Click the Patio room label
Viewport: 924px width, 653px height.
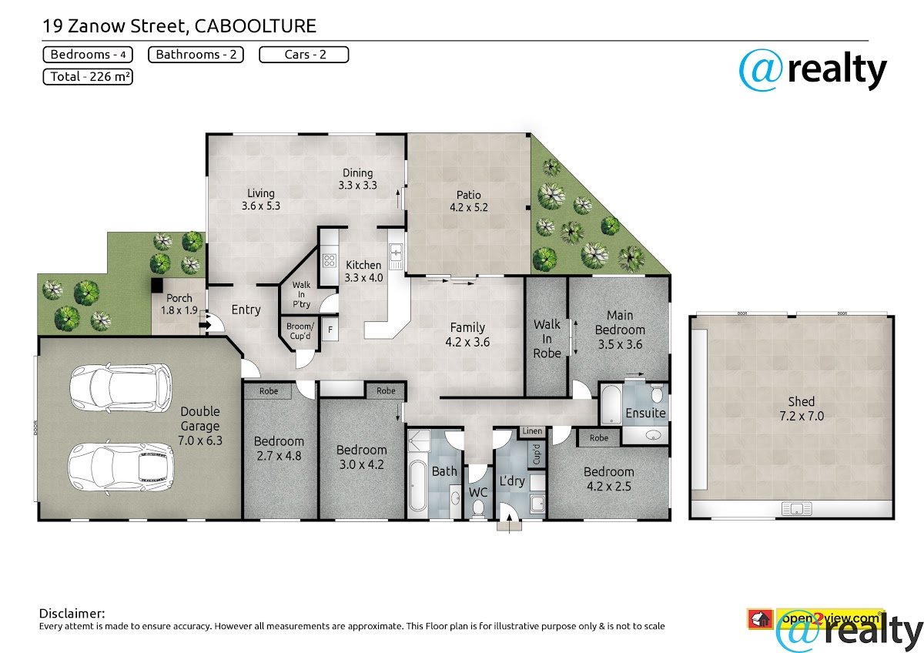(x=469, y=201)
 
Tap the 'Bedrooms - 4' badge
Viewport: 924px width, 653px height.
(x=88, y=55)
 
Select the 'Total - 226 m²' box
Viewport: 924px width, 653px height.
(x=88, y=77)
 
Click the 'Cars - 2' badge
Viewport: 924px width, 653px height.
(x=304, y=55)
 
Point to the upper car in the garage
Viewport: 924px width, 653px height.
(x=120, y=388)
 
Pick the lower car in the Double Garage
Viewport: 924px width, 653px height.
(x=120, y=467)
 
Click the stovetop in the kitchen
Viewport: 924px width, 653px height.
(x=330, y=261)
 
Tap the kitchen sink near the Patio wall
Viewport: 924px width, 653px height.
(x=396, y=256)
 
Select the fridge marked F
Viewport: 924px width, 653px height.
(x=330, y=329)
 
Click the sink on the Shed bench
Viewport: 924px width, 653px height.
(x=796, y=509)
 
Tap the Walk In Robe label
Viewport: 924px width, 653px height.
(x=547, y=339)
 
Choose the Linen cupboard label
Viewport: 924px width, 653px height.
(x=532, y=431)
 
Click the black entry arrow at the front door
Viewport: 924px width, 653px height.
(x=205, y=325)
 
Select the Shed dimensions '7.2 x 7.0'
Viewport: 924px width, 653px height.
(x=802, y=416)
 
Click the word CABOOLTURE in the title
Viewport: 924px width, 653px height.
(x=256, y=26)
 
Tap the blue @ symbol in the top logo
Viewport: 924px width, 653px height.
(x=761, y=70)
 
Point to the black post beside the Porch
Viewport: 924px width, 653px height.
(x=157, y=286)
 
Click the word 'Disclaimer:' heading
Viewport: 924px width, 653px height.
(x=72, y=614)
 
